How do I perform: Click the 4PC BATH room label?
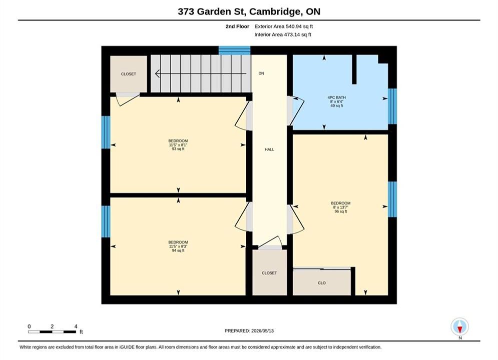click(337, 101)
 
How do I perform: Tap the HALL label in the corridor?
click(269, 149)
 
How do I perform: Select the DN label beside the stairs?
click(261, 73)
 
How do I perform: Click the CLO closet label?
click(322, 283)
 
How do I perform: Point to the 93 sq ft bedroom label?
click(178, 144)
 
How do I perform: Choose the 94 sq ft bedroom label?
click(178, 246)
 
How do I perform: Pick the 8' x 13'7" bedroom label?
click(341, 207)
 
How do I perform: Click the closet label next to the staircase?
click(128, 74)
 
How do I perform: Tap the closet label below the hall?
click(269, 273)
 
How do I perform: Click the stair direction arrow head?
click(157, 73)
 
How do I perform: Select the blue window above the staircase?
click(234, 50)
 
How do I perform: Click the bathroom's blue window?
click(392, 106)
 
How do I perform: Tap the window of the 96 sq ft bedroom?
click(392, 199)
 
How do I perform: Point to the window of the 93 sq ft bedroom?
click(106, 132)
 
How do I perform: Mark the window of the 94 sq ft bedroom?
click(106, 221)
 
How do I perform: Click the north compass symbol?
click(459, 326)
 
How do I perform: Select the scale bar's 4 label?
click(76, 326)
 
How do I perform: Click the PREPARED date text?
click(249, 330)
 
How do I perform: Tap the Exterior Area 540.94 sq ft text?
click(284, 26)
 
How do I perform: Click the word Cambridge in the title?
click(276, 11)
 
